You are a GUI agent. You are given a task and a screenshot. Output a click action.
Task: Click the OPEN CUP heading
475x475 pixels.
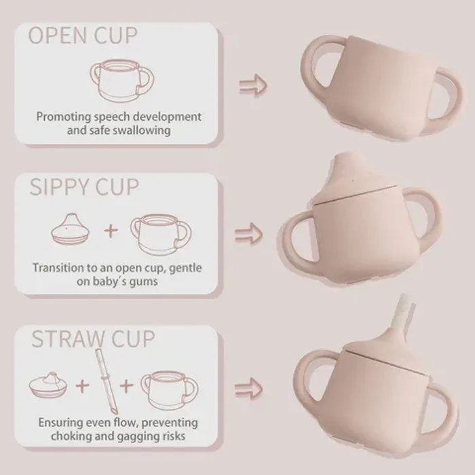coord(83,36)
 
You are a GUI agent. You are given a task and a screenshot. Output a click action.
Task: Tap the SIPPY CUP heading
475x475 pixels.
coord(84,187)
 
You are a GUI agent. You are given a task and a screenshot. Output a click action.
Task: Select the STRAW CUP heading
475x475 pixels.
coord(93,339)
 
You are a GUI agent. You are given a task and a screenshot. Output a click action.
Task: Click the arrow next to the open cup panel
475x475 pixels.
coord(253,85)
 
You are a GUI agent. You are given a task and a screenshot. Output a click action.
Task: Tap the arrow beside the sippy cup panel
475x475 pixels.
coord(248,234)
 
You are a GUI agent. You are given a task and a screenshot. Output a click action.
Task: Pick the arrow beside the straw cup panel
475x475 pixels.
coord(248,388)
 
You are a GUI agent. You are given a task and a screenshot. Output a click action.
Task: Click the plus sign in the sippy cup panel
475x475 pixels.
coord(111,231)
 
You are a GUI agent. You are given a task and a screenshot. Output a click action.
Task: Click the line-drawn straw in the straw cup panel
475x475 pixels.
coord(107,381)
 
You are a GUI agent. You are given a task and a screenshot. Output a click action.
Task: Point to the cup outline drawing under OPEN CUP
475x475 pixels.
coord(121,80)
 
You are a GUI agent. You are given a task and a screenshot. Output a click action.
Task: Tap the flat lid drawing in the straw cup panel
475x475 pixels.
coord(48,385)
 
